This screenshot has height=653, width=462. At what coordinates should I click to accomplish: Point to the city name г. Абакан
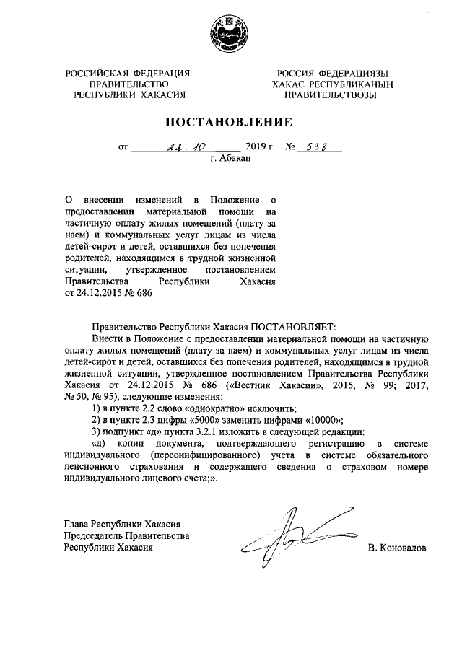[230, 160]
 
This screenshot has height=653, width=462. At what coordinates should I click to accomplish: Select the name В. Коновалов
[396, 548]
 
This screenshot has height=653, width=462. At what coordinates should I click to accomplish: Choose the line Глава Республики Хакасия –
[126, 525]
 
